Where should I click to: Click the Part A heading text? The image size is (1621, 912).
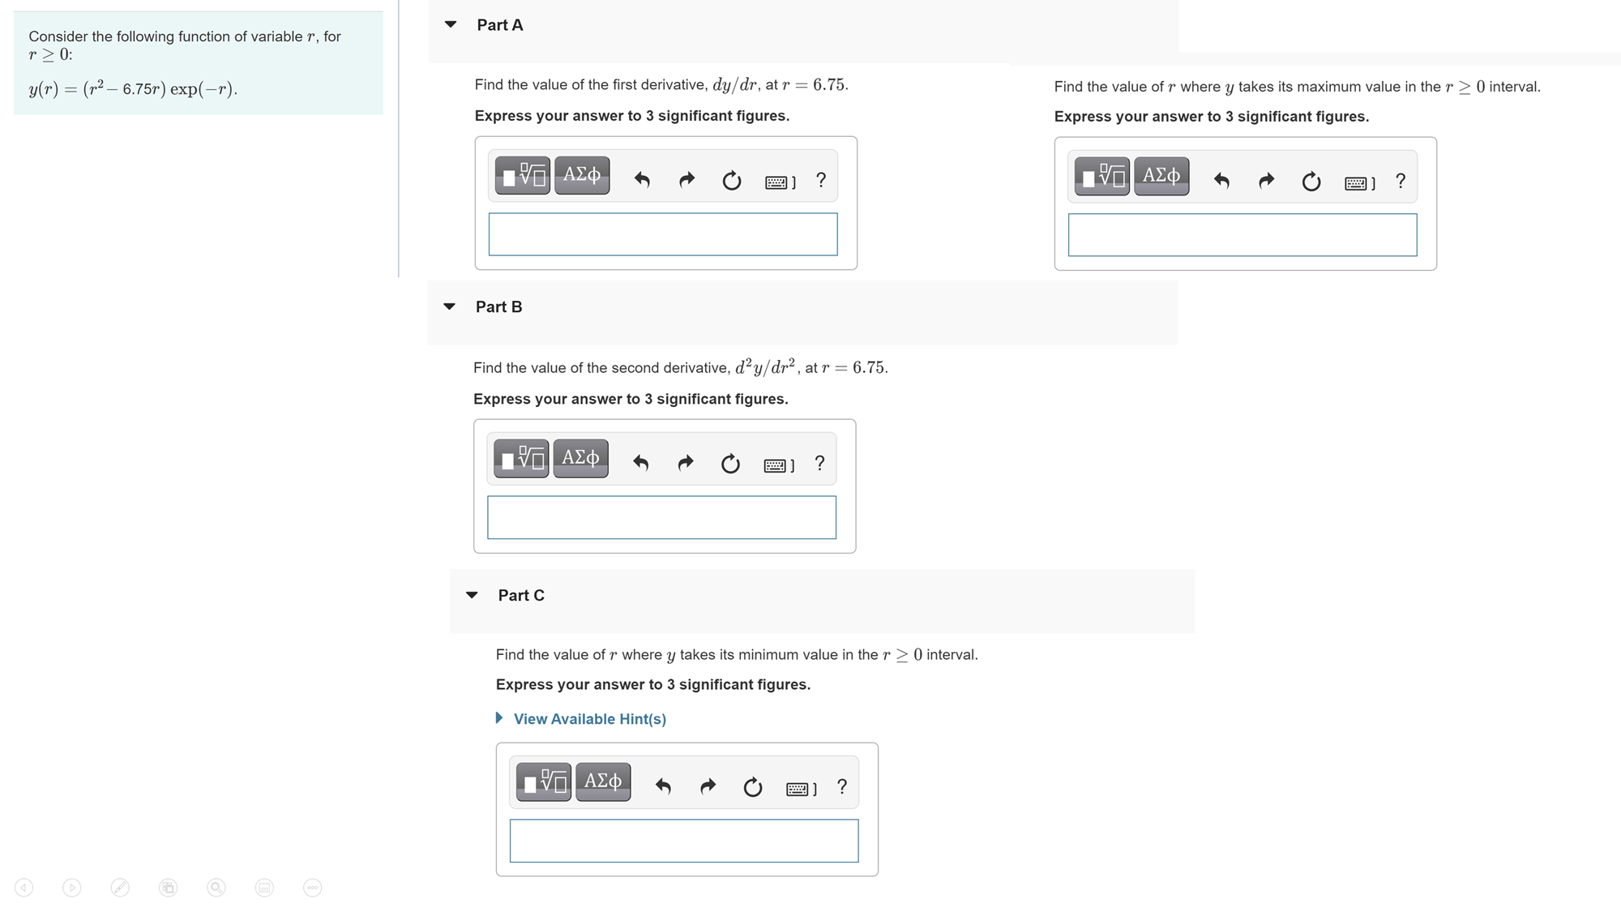499,25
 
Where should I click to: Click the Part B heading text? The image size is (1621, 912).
498,307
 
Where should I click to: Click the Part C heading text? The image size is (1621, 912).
521,596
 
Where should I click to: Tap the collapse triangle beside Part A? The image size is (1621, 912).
451,24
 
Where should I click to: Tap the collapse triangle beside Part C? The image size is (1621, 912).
473,595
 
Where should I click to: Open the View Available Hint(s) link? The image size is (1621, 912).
589,719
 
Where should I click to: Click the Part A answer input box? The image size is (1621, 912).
662,234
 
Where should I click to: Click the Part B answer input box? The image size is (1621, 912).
661,517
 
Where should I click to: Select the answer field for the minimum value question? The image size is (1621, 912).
683,841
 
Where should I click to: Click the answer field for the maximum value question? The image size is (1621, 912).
1242,235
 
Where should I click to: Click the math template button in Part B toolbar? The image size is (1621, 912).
522,459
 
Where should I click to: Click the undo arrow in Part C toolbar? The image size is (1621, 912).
663,786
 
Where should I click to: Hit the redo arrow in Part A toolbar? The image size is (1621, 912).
686,179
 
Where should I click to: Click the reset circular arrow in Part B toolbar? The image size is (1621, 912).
730,463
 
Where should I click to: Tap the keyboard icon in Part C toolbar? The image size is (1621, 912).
800,788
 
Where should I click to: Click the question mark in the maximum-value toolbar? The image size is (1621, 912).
1401,181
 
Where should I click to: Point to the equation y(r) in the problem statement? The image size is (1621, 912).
133,88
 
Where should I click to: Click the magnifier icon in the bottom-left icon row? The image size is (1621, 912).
216,888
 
